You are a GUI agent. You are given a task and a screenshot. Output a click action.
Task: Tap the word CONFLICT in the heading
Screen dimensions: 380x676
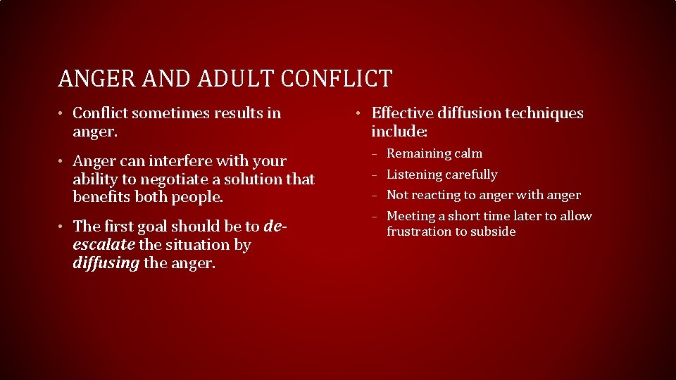(337, 78)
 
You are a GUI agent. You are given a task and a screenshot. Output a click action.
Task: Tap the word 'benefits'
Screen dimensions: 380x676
(101, 197)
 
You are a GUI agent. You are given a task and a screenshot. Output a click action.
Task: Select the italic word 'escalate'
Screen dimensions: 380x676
(104, 244)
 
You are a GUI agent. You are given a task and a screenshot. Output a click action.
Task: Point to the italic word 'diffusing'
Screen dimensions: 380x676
(106, 262)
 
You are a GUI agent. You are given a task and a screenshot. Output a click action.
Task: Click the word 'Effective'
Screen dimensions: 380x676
(403, 113)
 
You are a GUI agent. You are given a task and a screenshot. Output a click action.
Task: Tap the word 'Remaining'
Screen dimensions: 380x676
(418, 153)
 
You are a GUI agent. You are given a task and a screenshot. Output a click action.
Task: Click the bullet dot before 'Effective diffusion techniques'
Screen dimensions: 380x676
(359, 113)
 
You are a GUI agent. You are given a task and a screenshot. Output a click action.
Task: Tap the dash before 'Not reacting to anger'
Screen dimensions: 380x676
(377, 196)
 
